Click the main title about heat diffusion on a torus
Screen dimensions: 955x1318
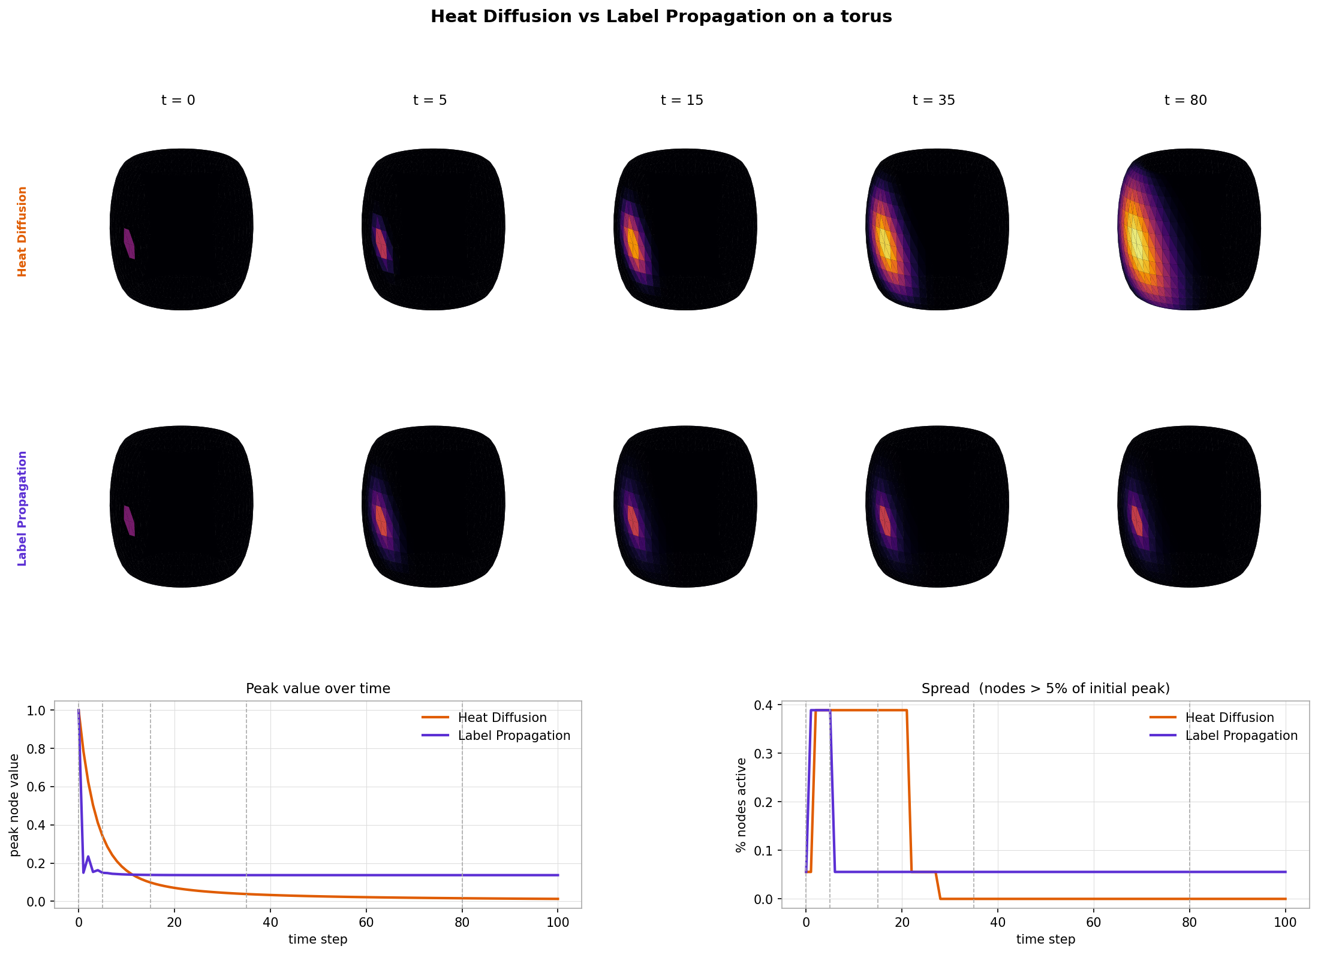pos(661,17)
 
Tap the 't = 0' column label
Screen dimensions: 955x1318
pos(178,100)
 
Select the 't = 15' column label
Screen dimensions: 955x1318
pos(682,100)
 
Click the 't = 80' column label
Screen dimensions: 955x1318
pos(1185,100)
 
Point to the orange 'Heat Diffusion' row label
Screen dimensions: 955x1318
pos(22,231)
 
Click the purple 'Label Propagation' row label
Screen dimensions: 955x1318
pos(22,508)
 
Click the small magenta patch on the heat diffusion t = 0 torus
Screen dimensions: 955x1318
pos(129,243)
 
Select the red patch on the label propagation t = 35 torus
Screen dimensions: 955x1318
pos(885,521)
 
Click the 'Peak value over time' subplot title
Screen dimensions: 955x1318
pos(318,688)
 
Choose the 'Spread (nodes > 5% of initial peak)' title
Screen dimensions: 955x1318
pos(1045,688)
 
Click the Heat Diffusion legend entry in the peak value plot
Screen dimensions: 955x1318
pos(502,717)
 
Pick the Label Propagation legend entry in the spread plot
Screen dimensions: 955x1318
pos(1241,735)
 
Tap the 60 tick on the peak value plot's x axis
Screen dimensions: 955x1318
pos(366,922)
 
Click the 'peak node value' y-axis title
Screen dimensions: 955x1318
pos(14,805)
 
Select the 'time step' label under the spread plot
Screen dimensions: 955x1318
pos(1045,939)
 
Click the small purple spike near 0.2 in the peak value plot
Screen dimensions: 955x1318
pos(88,857)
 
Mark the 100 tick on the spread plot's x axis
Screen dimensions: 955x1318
pos(1285,922)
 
